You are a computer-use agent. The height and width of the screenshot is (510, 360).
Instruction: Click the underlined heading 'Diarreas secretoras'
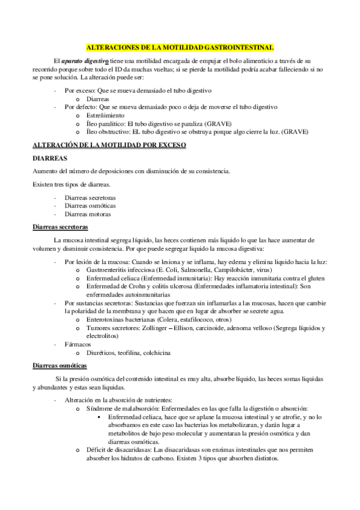(x=59, y=227)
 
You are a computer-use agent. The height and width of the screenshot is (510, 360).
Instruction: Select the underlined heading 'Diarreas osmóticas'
(x=59, y=366)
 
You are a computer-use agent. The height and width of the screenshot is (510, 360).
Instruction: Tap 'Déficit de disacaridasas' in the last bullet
(x=118, y=450)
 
